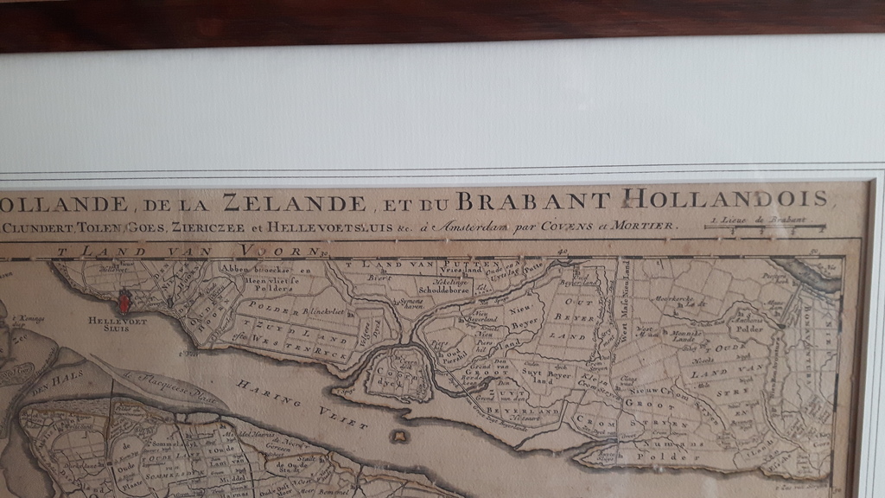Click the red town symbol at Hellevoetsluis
(124, 302)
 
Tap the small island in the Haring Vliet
(398, 437)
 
